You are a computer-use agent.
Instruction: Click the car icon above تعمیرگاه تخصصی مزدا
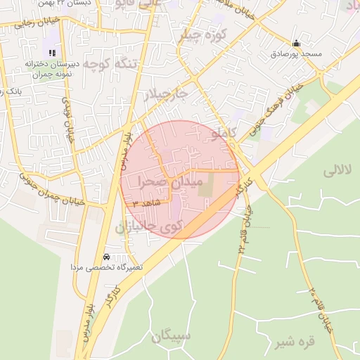[x=106, y=257]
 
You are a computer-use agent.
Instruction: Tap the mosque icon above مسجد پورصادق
[x=295, y=43]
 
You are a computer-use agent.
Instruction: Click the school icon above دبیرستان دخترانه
[x=51, y=51]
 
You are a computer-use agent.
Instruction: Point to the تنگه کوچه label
[x=114, y=64]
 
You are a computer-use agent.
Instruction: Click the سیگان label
[x=171, y=335]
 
